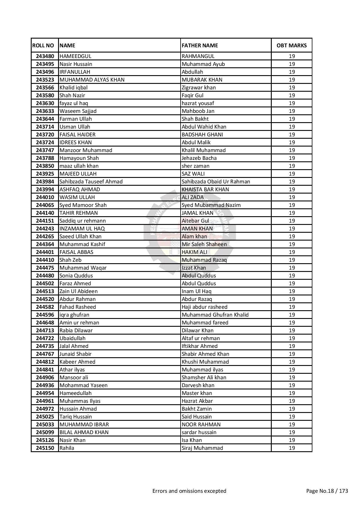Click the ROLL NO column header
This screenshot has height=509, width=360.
tap(43, 46)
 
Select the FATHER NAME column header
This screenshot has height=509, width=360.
tap(200, 46)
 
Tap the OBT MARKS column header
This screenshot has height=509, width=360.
tap(291, 46)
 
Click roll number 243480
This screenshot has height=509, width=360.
tap(45, 56)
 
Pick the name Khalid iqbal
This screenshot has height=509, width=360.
tap(73, 88)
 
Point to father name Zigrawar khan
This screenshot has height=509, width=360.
tap(199, 88)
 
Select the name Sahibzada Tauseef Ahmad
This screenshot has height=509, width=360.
tap(91, 182)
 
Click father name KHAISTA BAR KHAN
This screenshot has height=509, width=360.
tap(205, 189)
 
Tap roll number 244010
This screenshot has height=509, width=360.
tap(45, 197)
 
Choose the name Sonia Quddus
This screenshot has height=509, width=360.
tap(76, 276)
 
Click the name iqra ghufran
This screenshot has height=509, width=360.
tap(74, 315)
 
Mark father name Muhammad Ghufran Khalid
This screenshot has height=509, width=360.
tap(215, 315)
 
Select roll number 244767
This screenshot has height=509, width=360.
tap(45, 354)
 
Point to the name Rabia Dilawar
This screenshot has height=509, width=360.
tap(76, 331)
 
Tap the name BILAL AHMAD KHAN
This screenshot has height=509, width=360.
tap(84, 432)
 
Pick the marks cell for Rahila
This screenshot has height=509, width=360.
tap(291, 448)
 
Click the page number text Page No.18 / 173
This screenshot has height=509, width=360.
tap(327, 491)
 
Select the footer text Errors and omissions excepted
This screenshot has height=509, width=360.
tap(189, 491)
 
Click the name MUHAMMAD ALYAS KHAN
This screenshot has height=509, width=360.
tap(92, 80)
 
